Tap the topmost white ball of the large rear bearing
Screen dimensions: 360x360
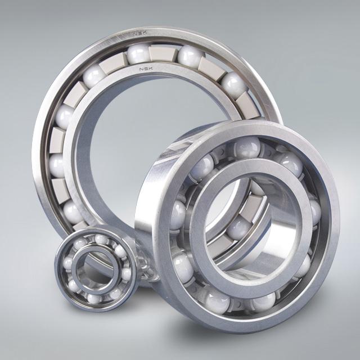[137, 55]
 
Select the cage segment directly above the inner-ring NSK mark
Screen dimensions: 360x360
[163, 55]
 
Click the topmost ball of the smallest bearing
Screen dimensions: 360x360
[101, 240]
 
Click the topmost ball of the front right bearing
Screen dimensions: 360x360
[247, 147]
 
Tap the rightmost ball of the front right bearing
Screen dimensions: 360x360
[314, 213]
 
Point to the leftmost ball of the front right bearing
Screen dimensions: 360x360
[178, 214]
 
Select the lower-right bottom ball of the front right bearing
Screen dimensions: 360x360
[263, 301]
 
